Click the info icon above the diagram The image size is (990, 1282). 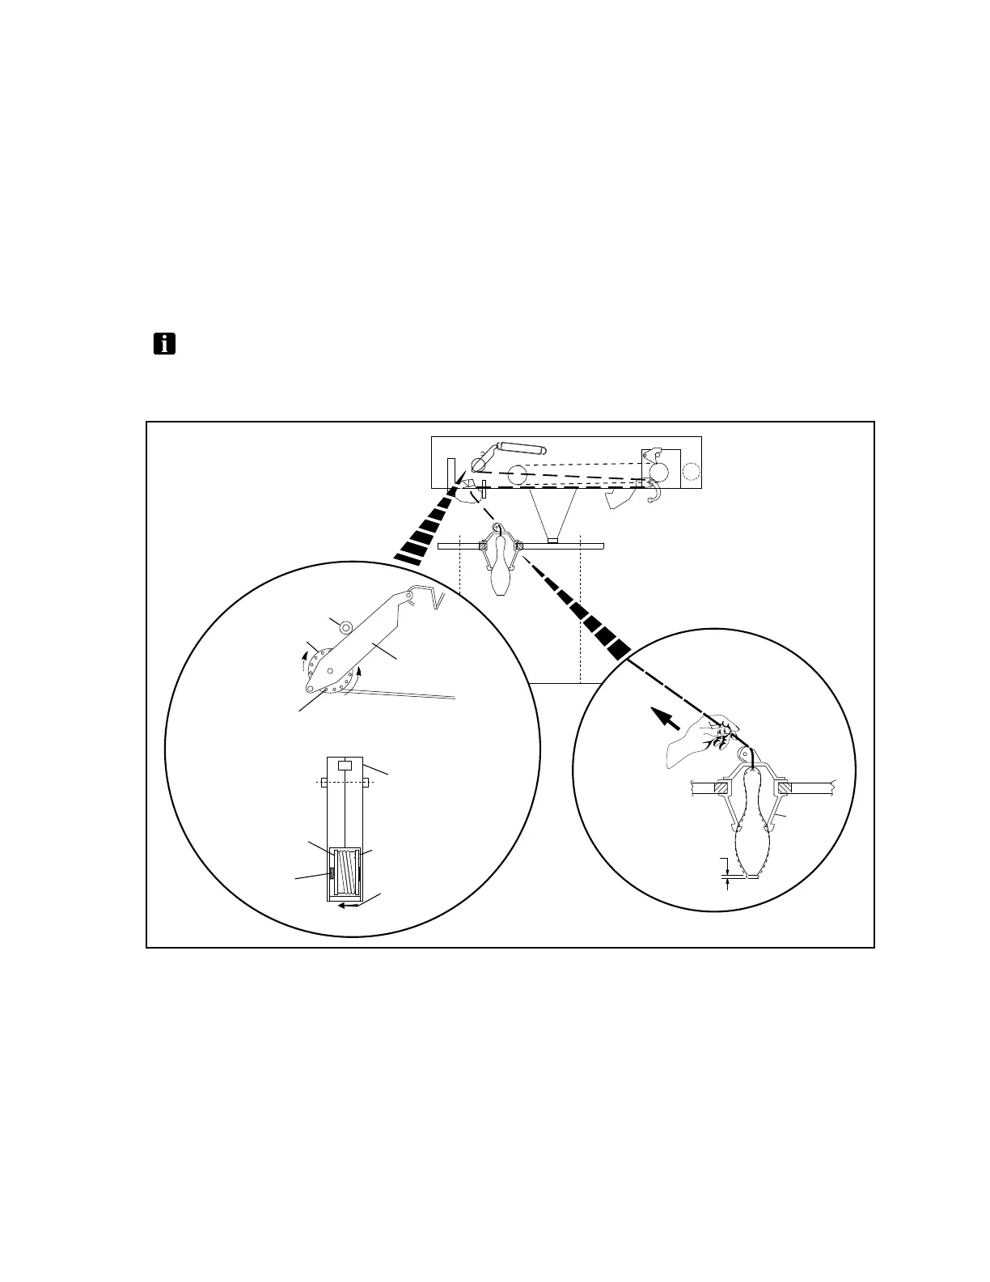click(165, 344)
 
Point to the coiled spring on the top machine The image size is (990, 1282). click(521, 447)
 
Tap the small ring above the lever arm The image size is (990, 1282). click(346, 626)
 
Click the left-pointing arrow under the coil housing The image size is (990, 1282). click(349, 906)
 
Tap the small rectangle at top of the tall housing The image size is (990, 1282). click(345, 765)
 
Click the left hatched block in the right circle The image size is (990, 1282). click(722, 787)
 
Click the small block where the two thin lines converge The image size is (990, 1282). click(552, 540)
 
